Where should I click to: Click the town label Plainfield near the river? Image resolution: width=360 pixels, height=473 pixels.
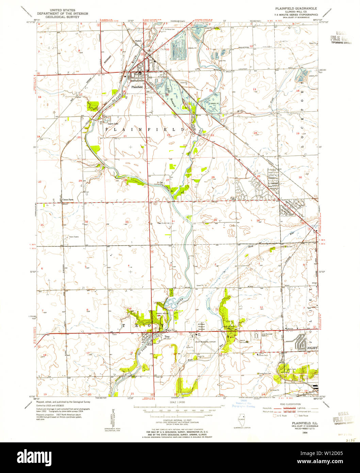click(x=137, y=87)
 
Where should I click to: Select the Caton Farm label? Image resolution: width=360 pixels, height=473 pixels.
click(x=68, y=200)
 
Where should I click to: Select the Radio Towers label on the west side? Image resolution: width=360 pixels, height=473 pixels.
click(x=74, y=237)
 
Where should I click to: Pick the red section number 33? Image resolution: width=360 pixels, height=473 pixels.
click(x=127, y=222)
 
